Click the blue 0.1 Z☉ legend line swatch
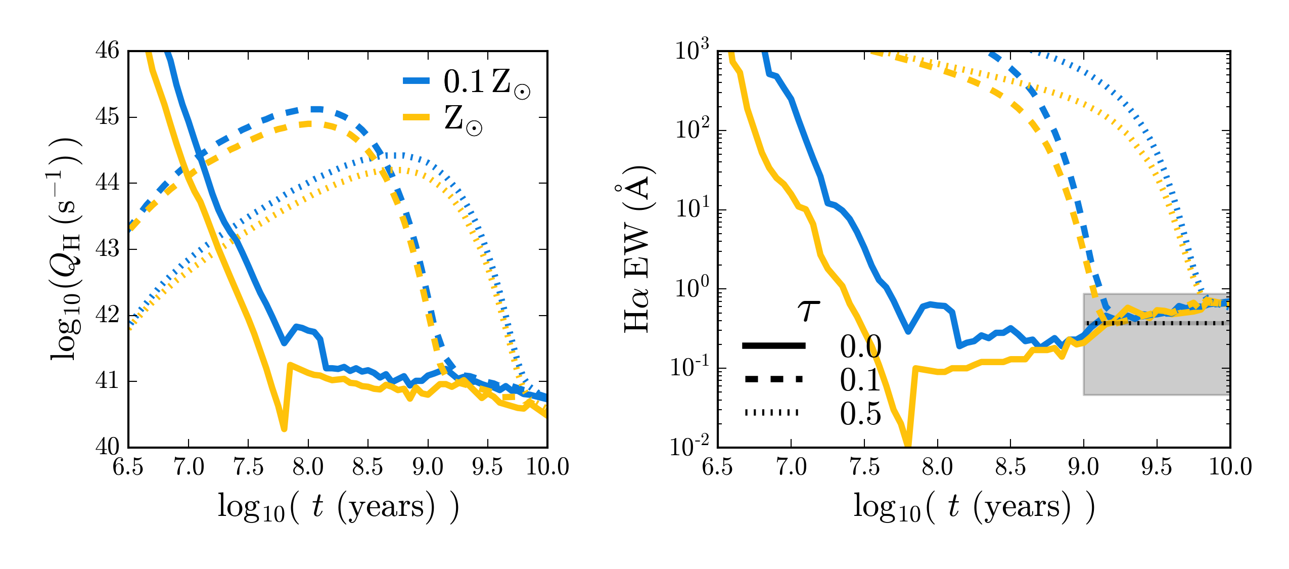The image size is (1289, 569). (x=416, y=81)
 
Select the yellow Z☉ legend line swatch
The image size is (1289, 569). (x=416, y=117)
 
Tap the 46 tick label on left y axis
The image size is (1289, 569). (x=107, y=51)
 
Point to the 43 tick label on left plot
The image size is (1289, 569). (x=107, y=249)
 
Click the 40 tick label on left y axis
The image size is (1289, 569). (x=107, y=447)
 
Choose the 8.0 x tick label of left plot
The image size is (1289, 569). (x=308, y=466)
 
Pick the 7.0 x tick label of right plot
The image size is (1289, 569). (x=791, y=466)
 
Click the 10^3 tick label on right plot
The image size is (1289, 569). (x=693, y=51)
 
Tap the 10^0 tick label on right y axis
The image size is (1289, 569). (x=693, y=288)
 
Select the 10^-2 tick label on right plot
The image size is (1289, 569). (x=690, y=447)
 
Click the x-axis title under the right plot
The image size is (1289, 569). (x=974, y=507)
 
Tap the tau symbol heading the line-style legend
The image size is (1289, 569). (x=809, y=311)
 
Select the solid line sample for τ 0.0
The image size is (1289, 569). (x=773, y=346)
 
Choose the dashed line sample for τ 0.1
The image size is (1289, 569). (x=773, y=379)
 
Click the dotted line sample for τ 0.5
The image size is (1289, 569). (x=772, y=413)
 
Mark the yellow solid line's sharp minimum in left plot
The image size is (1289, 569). (x=284, y=428)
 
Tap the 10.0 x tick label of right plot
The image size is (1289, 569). (x=1230, y=466)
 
